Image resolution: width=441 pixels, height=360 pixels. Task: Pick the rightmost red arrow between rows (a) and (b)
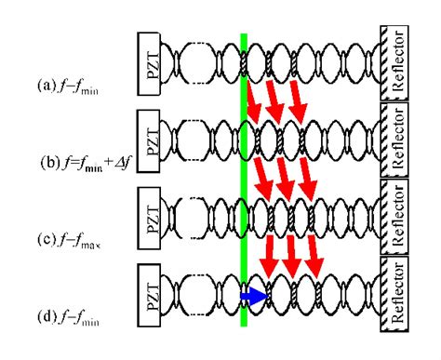(298, 101)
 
